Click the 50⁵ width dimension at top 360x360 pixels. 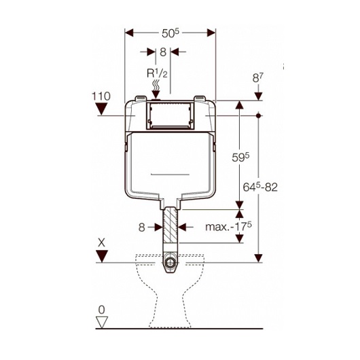[x=170, y=33]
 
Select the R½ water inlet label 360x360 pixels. [x=157, y=74]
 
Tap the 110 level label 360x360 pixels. [x=101, y=96]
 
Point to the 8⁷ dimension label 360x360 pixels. [x=258, y=77]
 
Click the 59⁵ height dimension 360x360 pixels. [x=240, y=158]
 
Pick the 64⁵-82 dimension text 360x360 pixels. [x=260, y=187]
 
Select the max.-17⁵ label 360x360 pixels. [x=228, y=227]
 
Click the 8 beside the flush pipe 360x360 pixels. [x=142, y=228]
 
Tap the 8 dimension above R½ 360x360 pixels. [x=163, y=52]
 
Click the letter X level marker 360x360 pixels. [x=101, y=242]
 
